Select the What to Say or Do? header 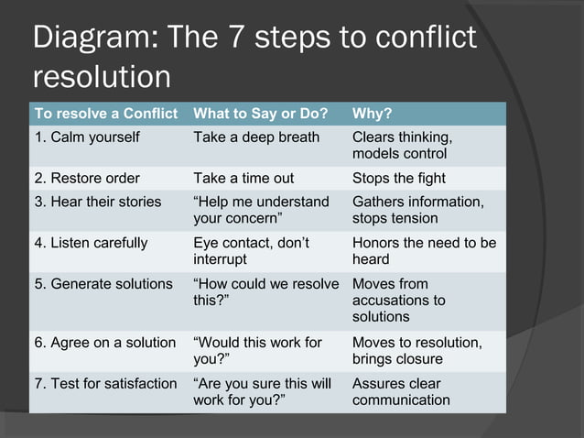pyautogui.click(x=260, y=115)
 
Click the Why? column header pyautogui.click(x=373, y=115)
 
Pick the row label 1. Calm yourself pyautogui.click(x=87, y=137)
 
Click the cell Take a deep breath pyautogui.click(x=256, y=137)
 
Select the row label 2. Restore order pyautogui.click(x=87, y=178)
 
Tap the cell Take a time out pyautogui.click(x=243, y=178)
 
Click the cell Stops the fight pyautogui.click(x=399, y=178)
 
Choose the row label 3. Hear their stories pyautogui.click(x=98, y=202)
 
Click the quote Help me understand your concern pyautogui.click(x=261, y=210)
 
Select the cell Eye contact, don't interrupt pyautogui.click(x=252, y=251)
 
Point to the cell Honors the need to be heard pyautogui.click(x=424, y=251)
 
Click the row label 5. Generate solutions pyautogui.click(x=103, y=284)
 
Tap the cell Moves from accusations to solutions pyautogui.click(x=399, y=300)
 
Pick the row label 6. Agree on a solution pyautogui.click(x=105, y=342)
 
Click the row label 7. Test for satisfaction pyautogui.click(x=105, y=383)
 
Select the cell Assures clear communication pyautogui.click(x=401, y=391)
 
